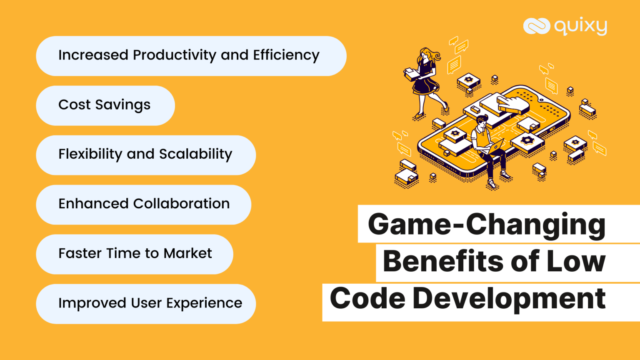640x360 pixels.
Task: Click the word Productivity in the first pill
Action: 174,55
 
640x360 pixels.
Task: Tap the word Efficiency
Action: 286,55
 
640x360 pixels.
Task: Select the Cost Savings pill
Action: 105,106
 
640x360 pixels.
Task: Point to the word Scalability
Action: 196,155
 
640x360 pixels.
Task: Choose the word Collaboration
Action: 181,204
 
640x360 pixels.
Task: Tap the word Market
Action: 187,253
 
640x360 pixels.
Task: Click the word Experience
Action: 204,304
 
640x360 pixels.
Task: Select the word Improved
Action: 92,304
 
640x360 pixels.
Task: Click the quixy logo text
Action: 580,27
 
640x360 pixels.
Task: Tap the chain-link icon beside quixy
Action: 537,26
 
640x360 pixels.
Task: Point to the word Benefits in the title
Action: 443,261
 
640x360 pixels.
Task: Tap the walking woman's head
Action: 426,54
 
